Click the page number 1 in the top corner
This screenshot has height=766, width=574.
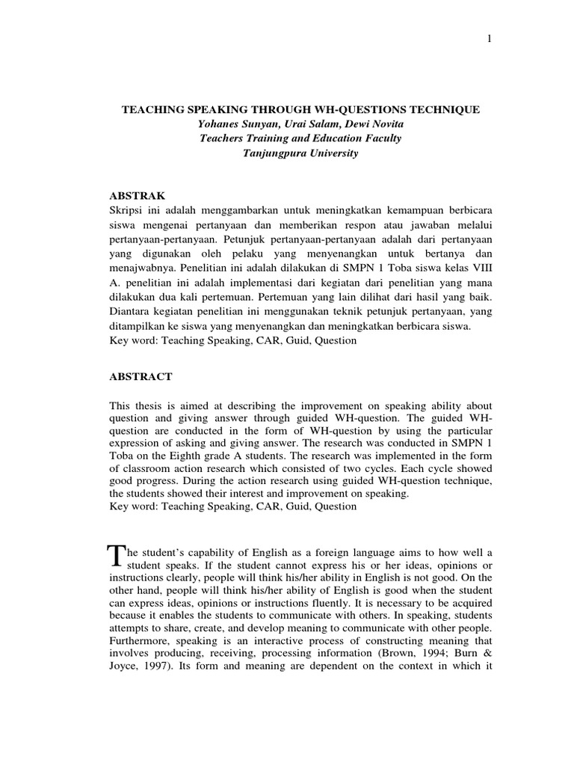(489, 39)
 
